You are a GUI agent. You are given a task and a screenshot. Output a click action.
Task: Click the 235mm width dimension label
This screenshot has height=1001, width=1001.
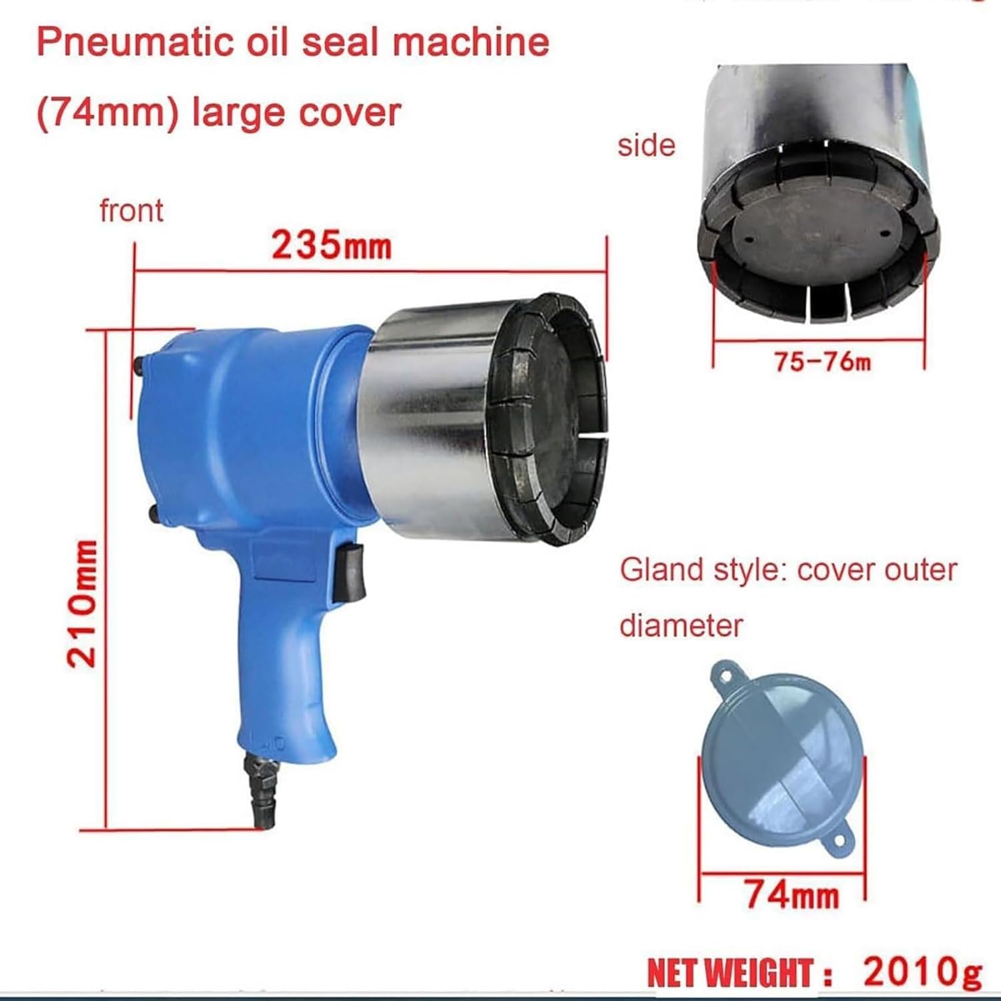click(x=331, y=246)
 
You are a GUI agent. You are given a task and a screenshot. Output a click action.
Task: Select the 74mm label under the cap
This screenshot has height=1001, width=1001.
click(x=791, y=893)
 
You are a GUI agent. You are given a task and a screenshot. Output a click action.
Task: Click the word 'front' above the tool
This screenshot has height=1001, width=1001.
click(x=131, y=211)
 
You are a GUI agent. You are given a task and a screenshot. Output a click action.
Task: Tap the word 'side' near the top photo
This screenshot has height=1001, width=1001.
click(x=646, y=145)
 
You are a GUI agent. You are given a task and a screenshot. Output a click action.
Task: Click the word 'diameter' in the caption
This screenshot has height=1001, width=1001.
click(x=681, y=625)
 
